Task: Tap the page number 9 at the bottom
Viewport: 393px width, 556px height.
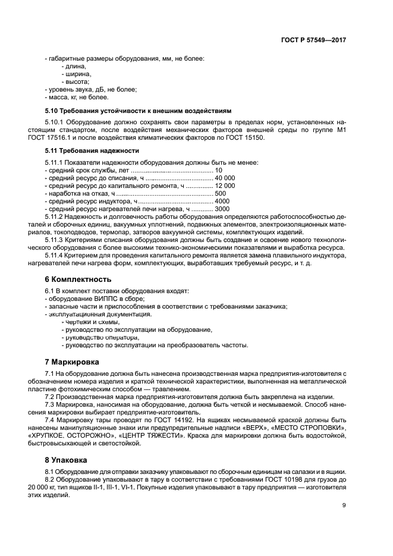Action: pos(344,505)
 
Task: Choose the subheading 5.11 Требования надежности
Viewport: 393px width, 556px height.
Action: pos(92,150)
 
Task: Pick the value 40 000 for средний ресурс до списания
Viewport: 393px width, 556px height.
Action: pos(225,178)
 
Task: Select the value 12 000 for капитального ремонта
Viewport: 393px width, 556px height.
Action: pos(225,186)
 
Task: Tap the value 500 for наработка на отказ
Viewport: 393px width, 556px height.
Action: pos(220,193)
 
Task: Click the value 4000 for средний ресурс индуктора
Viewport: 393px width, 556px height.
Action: pos(222,201)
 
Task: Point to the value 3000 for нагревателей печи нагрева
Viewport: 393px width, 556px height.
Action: pos(222,209)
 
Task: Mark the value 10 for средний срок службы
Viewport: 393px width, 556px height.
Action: pos(218,170)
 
